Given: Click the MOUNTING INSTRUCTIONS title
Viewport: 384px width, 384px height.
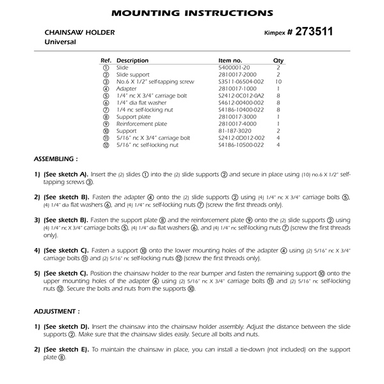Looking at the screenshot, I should tap(192, 12).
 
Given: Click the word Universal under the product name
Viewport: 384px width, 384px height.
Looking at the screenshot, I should tap(60, 42).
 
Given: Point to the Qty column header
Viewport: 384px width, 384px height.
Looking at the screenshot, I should tap(278, 60).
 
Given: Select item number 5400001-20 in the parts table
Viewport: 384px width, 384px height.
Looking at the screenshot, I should tap(235, 67).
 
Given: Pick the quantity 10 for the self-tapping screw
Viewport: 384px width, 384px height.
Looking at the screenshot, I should tap(278, 81).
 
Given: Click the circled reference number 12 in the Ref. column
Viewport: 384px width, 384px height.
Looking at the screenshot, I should tap(105, 146).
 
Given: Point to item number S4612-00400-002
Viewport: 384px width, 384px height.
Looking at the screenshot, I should tap(240, 103).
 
